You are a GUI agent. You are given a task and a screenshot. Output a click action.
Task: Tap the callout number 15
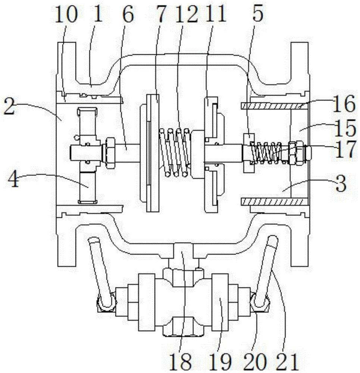coord(345,128)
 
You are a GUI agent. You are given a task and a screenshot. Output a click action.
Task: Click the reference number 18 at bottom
coord(180,361)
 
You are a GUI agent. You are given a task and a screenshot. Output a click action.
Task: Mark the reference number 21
coord(287,361)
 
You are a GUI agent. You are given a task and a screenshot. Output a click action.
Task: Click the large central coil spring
coord(175,153)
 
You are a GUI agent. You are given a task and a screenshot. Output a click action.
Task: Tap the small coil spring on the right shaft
coord(269,153)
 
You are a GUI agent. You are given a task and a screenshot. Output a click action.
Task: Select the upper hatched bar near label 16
coord(272,106)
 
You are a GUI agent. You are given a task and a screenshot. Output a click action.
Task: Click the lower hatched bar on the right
coord(272,202)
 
